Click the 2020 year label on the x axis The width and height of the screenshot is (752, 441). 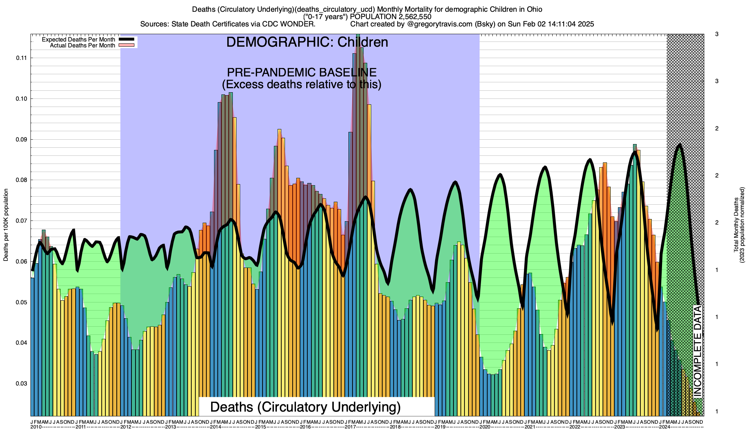[485, 427]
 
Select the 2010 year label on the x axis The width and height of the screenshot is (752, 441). [36, 427]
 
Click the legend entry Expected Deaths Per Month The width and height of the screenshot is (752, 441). [79, 40]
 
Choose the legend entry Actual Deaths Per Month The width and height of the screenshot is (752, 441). [82, 46]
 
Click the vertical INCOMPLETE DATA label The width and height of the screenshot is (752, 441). [698, 351]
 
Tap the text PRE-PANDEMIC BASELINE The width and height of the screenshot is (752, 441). [301, 72]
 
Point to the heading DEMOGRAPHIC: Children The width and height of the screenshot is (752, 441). [307, 42]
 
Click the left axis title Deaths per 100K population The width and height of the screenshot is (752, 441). [6, 225]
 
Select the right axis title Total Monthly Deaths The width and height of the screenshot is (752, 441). [736, 225]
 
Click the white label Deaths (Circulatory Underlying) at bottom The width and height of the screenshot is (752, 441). [305, 407]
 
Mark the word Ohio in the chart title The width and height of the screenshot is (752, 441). [533, 9]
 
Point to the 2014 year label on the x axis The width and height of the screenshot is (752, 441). [216, 427]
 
